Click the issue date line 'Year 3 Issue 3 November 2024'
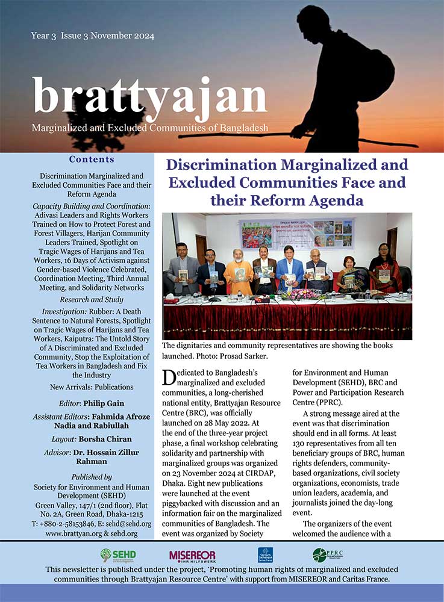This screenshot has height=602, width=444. click(x=92, y=36)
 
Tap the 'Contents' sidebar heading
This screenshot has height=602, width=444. click(x=92, y=160)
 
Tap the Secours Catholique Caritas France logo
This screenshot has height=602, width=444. click(x=265, y=554)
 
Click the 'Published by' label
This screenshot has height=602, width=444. click(x=91, y=477)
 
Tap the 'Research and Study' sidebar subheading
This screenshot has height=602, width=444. click(x=91, y=299)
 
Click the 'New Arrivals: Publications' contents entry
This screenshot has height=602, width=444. click(x=92, y=386)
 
